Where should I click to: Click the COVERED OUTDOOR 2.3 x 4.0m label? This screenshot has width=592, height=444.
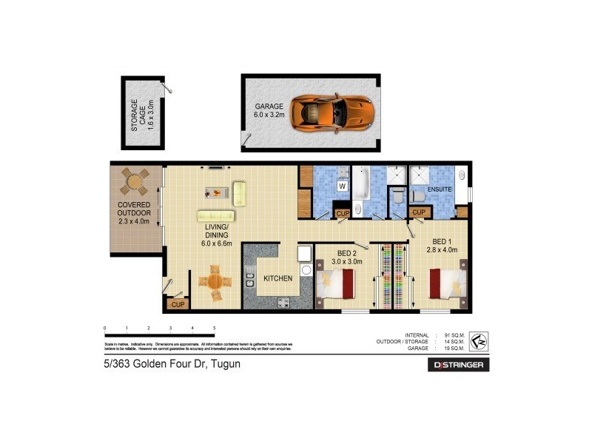click(x=134, y=212)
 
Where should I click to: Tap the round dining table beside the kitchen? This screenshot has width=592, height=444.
click(x=213, y=282)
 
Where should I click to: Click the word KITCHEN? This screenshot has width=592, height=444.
click(x=278, y=278)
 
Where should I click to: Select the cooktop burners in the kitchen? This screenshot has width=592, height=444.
click(x=284, y=302)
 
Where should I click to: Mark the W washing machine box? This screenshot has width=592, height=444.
click(x=342, y=186)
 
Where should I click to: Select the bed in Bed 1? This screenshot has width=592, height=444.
click(x=448, y=285)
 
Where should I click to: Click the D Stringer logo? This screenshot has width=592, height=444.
click(x=458, y=365)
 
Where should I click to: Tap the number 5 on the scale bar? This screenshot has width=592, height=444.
click(x=214, y=327)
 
